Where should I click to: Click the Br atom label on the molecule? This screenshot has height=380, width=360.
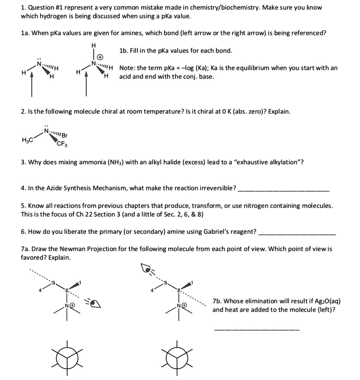click(65, 135)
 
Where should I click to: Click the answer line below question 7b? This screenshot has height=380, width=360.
click(257, 330)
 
